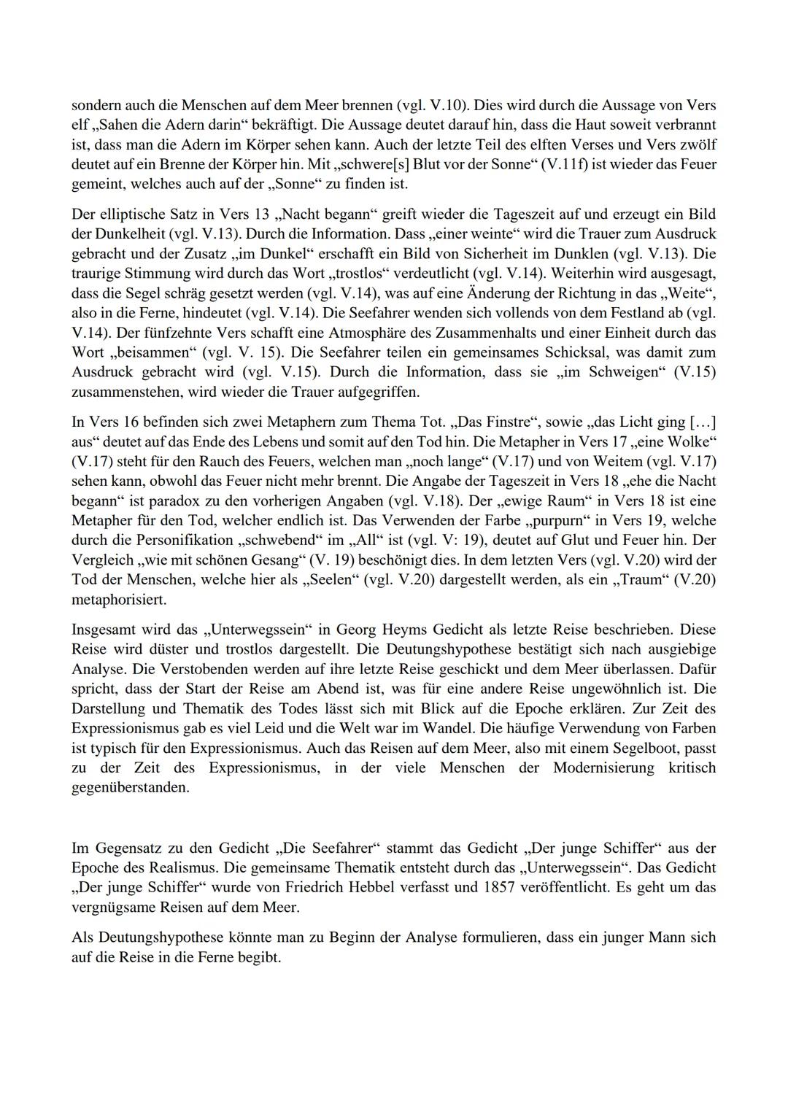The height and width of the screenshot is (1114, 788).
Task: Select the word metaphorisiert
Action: click(119, 600)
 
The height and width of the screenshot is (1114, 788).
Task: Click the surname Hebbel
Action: click(368, 888)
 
